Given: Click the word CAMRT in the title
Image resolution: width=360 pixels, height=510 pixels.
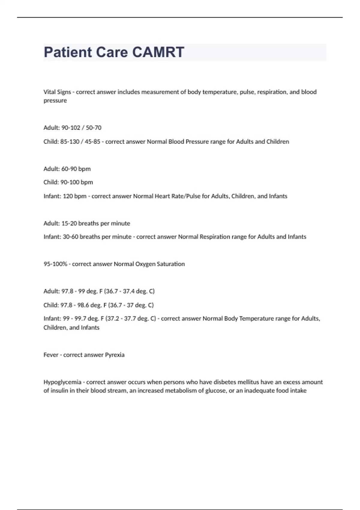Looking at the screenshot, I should pyautogui.click(x=158, y=52).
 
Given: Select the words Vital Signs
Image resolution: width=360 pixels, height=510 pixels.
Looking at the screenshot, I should pyautogui.click(x=57, y=92).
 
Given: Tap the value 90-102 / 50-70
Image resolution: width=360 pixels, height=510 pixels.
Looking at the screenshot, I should pyautogui.click(x=81, y=128).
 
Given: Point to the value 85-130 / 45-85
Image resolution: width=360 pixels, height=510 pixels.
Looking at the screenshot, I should pyautogui.click(x=80, y=142).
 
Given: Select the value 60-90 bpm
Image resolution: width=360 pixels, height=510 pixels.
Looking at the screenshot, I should pyautogui.click(x=76, y=169).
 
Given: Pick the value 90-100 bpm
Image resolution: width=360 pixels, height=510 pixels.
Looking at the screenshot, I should pyautogui.click(x=76, y=182).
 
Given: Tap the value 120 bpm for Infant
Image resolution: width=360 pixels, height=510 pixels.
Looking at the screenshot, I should pyautogui.click(x=74, y=196).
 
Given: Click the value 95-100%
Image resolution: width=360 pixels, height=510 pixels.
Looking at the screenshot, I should pyautogui.click(x=55, y=264).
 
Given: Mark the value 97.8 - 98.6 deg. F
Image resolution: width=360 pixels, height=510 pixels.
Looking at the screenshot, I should pyautogui.click(x=81, y=305).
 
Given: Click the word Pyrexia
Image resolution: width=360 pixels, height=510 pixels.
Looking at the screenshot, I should pyautogui.click(x=115, y=355).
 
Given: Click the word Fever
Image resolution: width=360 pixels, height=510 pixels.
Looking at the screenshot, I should pyautogui.click(x=51, y=355).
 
